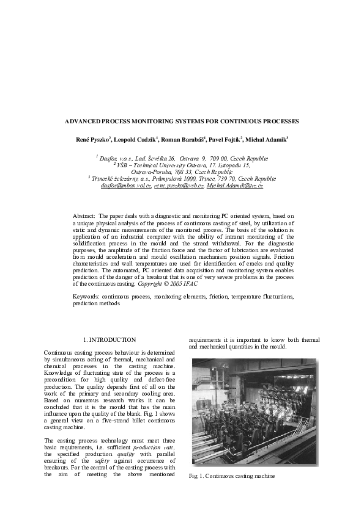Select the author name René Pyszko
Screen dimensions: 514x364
(91, 140)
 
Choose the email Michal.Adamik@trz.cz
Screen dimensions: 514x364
(235, 185)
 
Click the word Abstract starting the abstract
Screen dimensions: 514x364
(83, 216)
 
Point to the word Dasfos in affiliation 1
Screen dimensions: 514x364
(110, 157)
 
